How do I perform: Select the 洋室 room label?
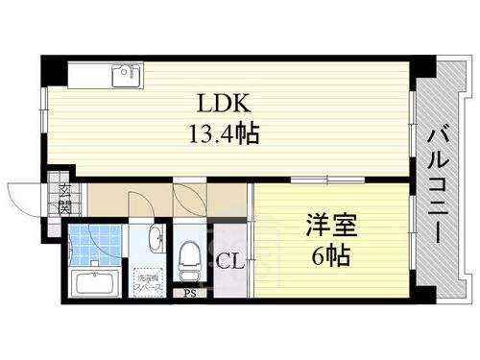331,227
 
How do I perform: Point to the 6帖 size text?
331,256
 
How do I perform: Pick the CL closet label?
229,259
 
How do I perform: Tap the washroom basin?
154,240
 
